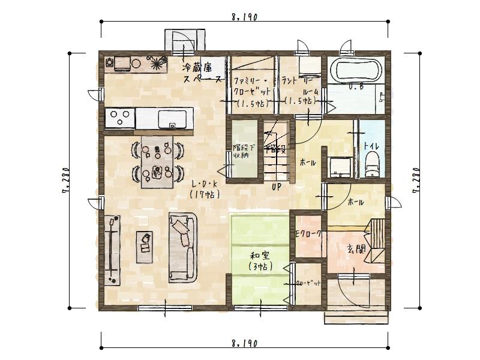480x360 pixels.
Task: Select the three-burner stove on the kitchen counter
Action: click(119, 117)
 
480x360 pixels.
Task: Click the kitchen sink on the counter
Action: click(175, 117)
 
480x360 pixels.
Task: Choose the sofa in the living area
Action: click(182, 247)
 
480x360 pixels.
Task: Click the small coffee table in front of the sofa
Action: click(145, 246)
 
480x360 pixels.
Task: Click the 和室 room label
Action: click(260, 256)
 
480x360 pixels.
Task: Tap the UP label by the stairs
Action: click(277, 187)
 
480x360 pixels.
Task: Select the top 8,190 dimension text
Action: click(244, 17)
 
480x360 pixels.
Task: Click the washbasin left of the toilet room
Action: click(340, 167)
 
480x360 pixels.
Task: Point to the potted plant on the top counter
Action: click(158, 62)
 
